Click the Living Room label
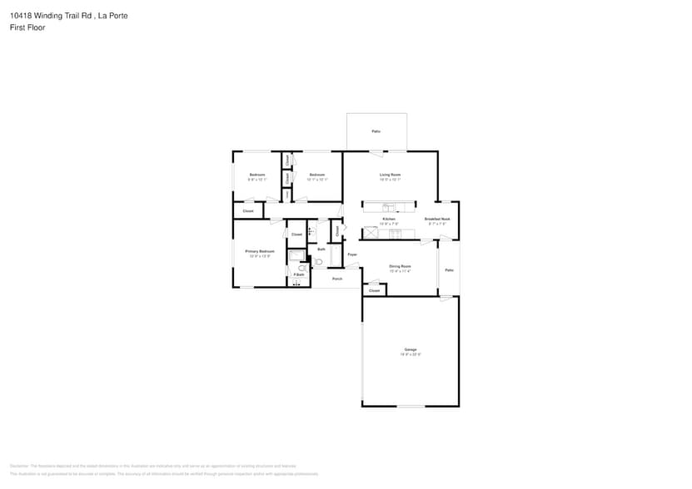[391, 175]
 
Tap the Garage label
[411, 349]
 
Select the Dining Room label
[400, 266]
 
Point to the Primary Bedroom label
[259, 251]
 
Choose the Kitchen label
[389, 219]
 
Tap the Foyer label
[352, 254]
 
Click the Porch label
[337, 279]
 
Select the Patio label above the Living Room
[376, 131]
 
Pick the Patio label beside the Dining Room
[449, 269]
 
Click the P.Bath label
[297, 274]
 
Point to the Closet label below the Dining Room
[374, 290]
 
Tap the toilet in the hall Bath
[318, 262]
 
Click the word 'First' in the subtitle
[17, 27]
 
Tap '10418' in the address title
[22, 15]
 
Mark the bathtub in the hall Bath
[336, 255]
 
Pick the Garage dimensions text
[411, 354]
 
